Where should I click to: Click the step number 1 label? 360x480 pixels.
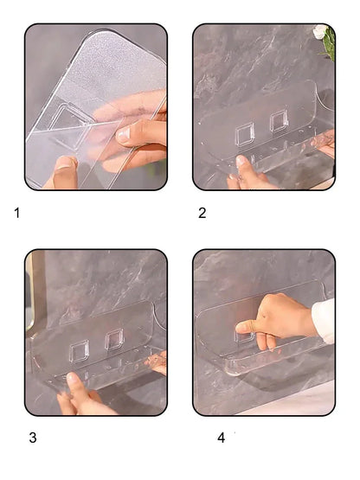17,213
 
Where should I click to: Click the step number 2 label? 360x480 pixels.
202,213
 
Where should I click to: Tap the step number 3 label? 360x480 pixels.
33,438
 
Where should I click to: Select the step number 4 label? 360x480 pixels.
222,438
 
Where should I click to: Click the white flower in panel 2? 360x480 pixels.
320,31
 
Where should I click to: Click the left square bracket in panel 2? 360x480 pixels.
245,134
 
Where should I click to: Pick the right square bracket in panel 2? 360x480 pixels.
279,121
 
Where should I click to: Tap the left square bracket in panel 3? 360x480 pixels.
80,351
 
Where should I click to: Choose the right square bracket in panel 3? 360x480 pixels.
114,339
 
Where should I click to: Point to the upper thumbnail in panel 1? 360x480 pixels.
125,134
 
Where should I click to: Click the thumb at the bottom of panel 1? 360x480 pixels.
65,172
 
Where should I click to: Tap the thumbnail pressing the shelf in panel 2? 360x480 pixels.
241,160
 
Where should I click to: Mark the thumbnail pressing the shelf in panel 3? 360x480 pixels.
73,377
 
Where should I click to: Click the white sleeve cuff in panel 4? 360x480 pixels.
325,321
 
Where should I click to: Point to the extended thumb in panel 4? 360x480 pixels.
246,328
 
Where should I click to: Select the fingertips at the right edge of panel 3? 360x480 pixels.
157,362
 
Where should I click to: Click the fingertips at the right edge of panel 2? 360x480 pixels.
324,144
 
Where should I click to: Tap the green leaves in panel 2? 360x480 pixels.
329,43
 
